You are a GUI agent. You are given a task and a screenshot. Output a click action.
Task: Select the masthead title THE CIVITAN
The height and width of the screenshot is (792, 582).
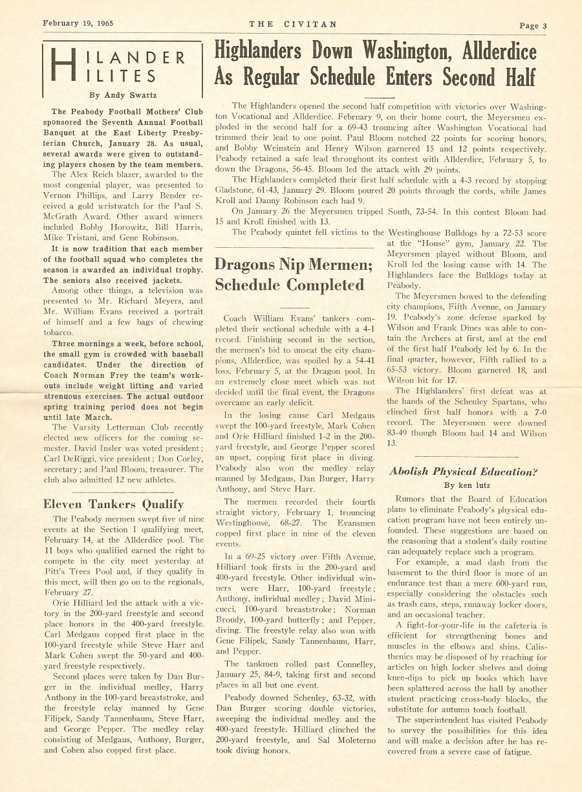(293, 24)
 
